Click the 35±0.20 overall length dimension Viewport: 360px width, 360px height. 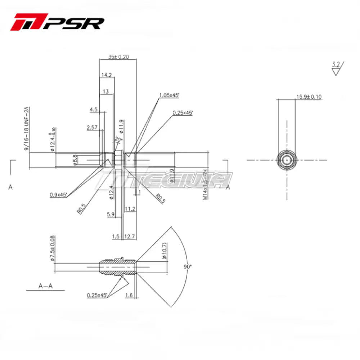pos(118,57)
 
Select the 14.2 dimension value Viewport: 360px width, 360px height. pos(107,75)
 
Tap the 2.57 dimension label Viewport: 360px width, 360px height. pos(93,127)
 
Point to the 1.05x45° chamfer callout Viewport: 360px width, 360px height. pos(169,95)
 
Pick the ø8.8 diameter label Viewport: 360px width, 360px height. pos(75,159)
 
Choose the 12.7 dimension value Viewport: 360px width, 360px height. pos(130,237)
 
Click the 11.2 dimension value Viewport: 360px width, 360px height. pos(130,209)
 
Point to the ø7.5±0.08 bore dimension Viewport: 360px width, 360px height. pos(52,248)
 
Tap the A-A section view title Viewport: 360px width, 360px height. pos(46,286)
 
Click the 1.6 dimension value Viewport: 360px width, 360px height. pos(129,295)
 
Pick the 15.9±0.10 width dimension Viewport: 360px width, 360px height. pos(309,96)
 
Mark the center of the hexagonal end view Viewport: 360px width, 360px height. pos(287,160)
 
